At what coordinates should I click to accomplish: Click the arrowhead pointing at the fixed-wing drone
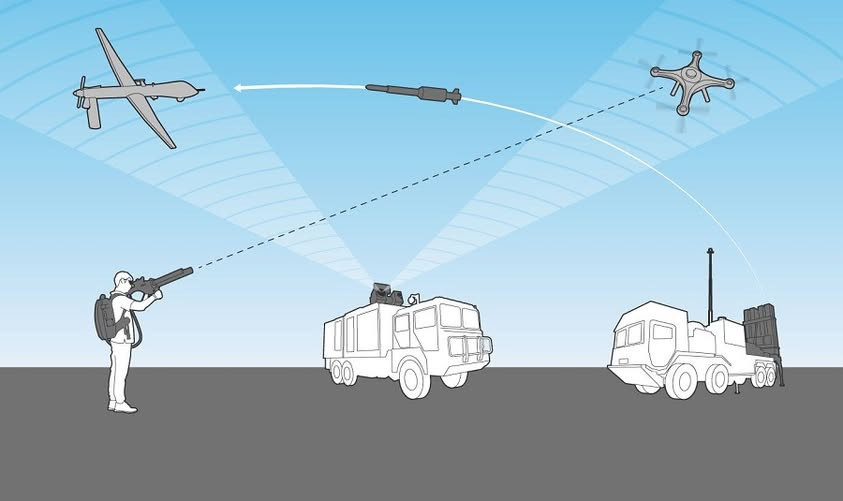[241, 88]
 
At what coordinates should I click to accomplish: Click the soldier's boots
[122, 406]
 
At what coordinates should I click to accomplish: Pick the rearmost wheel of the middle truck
[342, 372]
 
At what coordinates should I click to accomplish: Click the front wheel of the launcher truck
[683, 381]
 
